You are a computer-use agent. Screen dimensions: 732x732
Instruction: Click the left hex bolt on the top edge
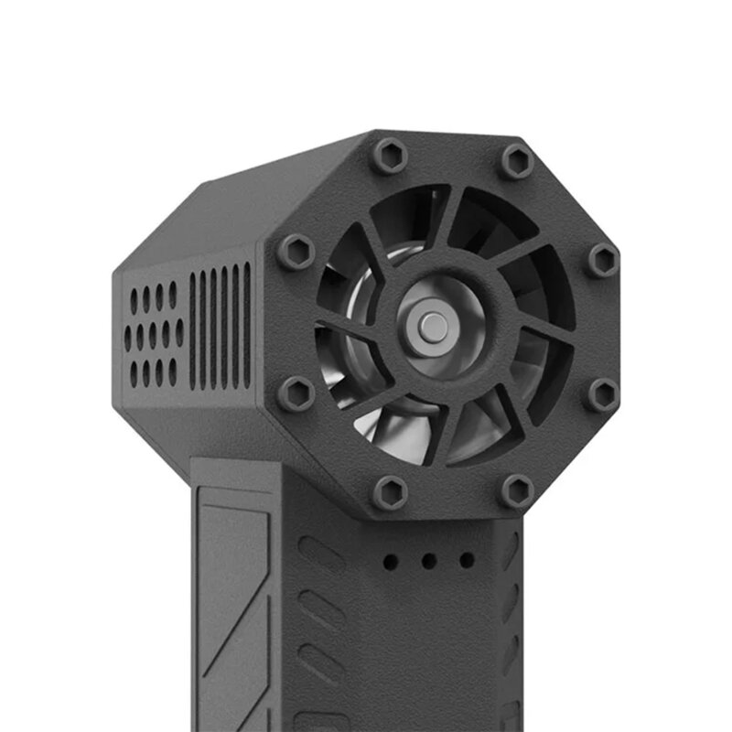point(389,156)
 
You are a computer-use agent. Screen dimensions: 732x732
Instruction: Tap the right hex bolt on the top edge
point(517,162)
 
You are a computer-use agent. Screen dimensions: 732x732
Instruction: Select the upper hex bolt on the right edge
point(603,260)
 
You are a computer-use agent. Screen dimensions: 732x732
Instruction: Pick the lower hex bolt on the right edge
point(602,394)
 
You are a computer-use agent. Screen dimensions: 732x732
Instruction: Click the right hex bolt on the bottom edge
point(516,491)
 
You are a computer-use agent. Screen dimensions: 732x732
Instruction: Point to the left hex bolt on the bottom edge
point(390,493)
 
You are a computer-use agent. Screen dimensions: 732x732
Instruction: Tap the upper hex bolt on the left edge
point(296,251)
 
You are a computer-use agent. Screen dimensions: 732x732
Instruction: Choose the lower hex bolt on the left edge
point(296,394)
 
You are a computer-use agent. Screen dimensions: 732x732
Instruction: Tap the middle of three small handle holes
point(428,561)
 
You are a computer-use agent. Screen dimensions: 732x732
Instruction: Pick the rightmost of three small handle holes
point(467,560)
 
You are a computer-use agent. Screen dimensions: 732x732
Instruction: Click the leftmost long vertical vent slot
point(192,330)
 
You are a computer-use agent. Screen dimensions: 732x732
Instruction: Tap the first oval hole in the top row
point(133,300)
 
